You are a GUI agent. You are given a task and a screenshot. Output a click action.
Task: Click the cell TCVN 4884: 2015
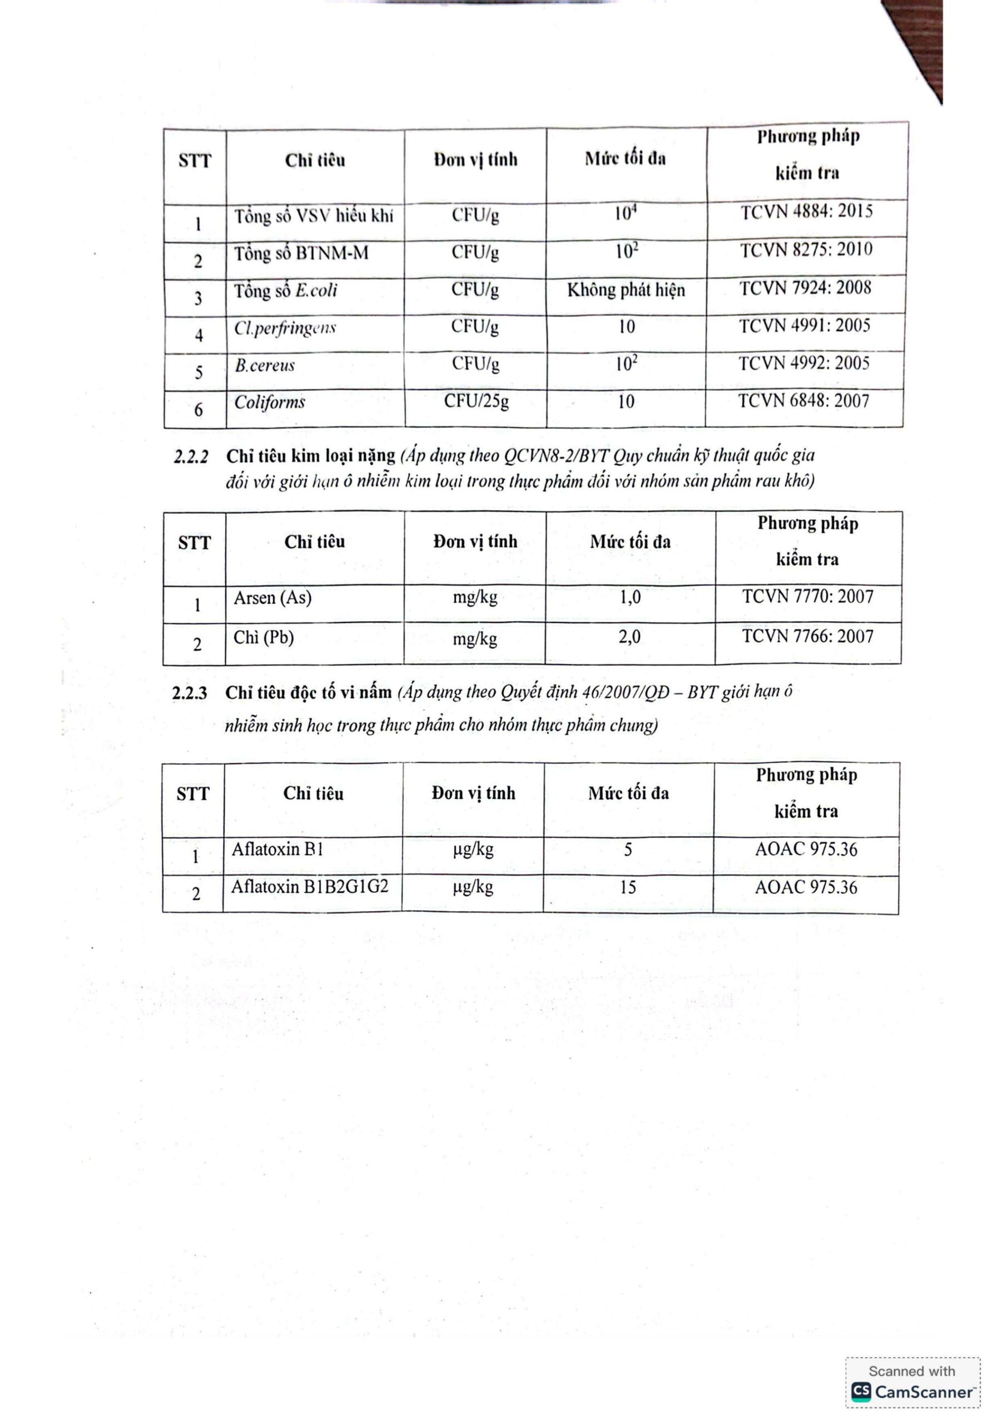click(806, 212)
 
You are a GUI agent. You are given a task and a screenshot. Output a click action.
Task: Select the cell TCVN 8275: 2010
click(806, 250)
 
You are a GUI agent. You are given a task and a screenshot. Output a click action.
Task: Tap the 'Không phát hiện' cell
click(626, 290)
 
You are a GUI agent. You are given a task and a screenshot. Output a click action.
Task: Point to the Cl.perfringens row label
click(285, 328)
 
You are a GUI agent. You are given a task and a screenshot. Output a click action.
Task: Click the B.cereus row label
click(265, 366)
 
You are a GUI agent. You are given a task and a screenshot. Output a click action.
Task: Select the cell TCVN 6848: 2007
click(804, 401)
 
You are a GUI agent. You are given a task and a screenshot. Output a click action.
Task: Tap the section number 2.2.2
click(191, 458)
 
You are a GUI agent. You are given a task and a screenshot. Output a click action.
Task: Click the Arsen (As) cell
click(272, 598)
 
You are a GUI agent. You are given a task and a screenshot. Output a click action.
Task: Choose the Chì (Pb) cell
click(264, 637)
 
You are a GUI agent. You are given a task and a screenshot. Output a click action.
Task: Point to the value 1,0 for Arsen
click(630, 598)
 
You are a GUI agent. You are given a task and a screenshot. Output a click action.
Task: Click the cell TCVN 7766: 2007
click(807, 636)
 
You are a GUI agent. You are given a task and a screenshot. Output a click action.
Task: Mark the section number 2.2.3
click(189, 693)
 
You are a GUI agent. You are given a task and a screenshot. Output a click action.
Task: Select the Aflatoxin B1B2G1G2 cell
click(310, 887)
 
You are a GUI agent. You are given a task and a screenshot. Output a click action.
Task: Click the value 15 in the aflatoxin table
click(628, 887)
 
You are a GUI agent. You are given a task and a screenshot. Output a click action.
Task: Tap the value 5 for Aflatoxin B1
click(628, 849)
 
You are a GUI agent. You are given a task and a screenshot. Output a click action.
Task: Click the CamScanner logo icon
click(861, 1392)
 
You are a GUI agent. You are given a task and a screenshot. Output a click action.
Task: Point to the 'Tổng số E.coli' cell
click(285, 291)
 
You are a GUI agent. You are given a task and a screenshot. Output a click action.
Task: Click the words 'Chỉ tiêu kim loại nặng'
click(310, 456)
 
